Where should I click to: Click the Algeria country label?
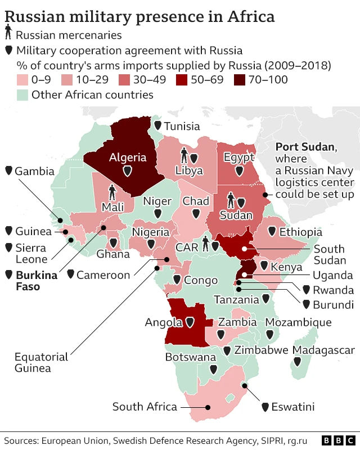[128, 157]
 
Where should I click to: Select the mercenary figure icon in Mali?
[112, 193]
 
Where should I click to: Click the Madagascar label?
[323, 350]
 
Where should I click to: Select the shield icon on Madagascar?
[304, 366]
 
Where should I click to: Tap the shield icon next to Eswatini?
[264, 406]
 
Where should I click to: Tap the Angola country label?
[164, 322]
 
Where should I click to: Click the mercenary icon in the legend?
[8, 35]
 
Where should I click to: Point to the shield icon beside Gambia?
[8, 170]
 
